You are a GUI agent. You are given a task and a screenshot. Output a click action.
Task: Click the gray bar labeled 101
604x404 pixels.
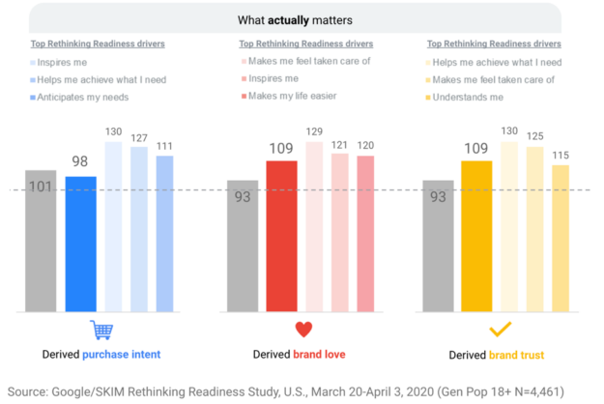tap(41, 242)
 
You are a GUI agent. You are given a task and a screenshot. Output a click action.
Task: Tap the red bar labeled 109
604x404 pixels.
tap(281, 237)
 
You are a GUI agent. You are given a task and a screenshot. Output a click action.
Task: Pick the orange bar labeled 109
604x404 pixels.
tap(477, 237)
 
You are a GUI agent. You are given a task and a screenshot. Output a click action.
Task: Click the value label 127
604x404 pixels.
tap(138, 137)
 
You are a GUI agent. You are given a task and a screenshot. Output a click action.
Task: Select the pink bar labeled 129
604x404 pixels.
tap(314, 227)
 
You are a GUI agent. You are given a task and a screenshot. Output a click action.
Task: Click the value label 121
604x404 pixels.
tap(339, 144)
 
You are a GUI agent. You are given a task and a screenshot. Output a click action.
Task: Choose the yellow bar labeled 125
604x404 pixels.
tap(534, 229)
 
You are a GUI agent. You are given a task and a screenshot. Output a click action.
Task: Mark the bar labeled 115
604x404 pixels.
tap(560, 239)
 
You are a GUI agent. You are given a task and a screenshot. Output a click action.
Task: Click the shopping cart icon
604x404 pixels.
tap(101, 330)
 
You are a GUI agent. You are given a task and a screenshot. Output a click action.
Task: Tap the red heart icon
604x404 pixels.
tap(303, 330)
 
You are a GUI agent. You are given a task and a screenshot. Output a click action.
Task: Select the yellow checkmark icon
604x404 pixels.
tap(500, 330)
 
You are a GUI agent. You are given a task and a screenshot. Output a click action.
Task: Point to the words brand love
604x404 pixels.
tap(318, 355)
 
